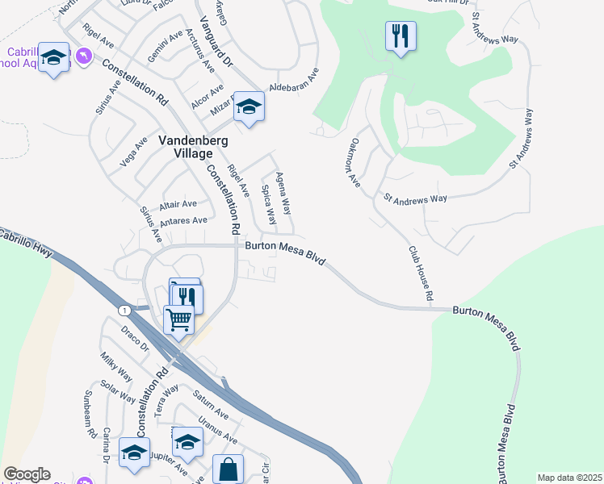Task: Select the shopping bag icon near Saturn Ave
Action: [x=229, y=468]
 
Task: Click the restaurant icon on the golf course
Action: [x=401, y=35]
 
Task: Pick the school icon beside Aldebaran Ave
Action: [x=249, y=107]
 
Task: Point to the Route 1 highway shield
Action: [x=124, y=310]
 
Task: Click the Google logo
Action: [x=26, y=474]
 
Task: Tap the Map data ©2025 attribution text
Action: [x=569, y=478]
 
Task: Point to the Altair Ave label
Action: [x=178, y=204]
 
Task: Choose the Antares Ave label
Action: [x=184, y=219]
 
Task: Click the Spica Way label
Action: [x=267, y=205]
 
